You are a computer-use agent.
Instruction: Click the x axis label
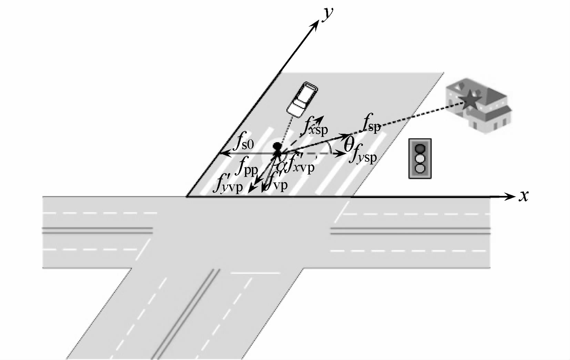524,196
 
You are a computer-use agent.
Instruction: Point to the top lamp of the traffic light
420,149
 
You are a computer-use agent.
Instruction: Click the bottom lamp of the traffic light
420,168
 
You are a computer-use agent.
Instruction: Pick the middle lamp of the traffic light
420,159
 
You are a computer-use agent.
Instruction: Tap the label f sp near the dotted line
371,125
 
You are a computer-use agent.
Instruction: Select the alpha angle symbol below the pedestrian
282,166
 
